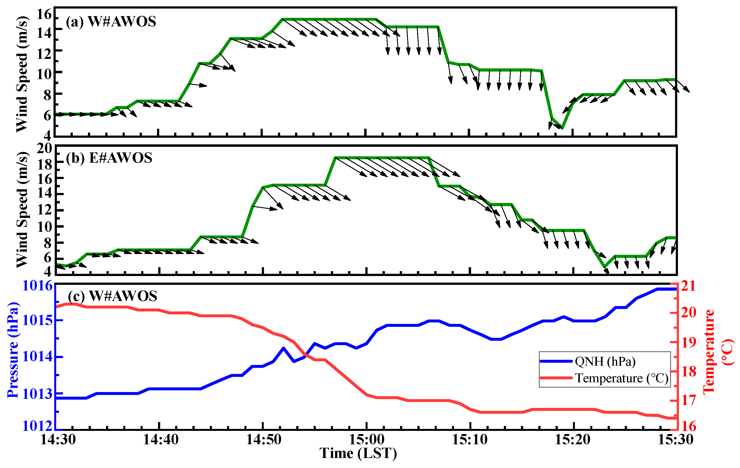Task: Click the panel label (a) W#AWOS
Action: tap(111, 22)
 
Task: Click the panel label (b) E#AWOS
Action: tap(109, 158)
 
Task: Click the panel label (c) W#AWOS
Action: tap(113, 296)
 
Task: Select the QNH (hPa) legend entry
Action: tap(605, 361)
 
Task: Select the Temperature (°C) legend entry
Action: tap(621, 378)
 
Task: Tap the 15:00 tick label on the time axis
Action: tap(367, 440)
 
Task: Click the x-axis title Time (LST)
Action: tap(358, 454)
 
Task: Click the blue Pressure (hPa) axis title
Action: tap(13, 350)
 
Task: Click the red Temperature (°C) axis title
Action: tap(718, 352)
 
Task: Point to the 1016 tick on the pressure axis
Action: tap(38, 286)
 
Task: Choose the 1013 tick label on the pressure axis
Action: tap(38, 394)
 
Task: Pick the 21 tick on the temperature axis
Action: tap(689, 286)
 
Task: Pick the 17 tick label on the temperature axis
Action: tap(689, 400)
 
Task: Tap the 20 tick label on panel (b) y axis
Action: tap(44, 149)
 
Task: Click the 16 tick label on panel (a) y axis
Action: tap(44, 14)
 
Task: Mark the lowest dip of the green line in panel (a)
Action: tap(562, 128)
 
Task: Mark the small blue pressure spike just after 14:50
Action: tap(283, 348)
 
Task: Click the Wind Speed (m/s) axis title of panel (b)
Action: tap(22, 210)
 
